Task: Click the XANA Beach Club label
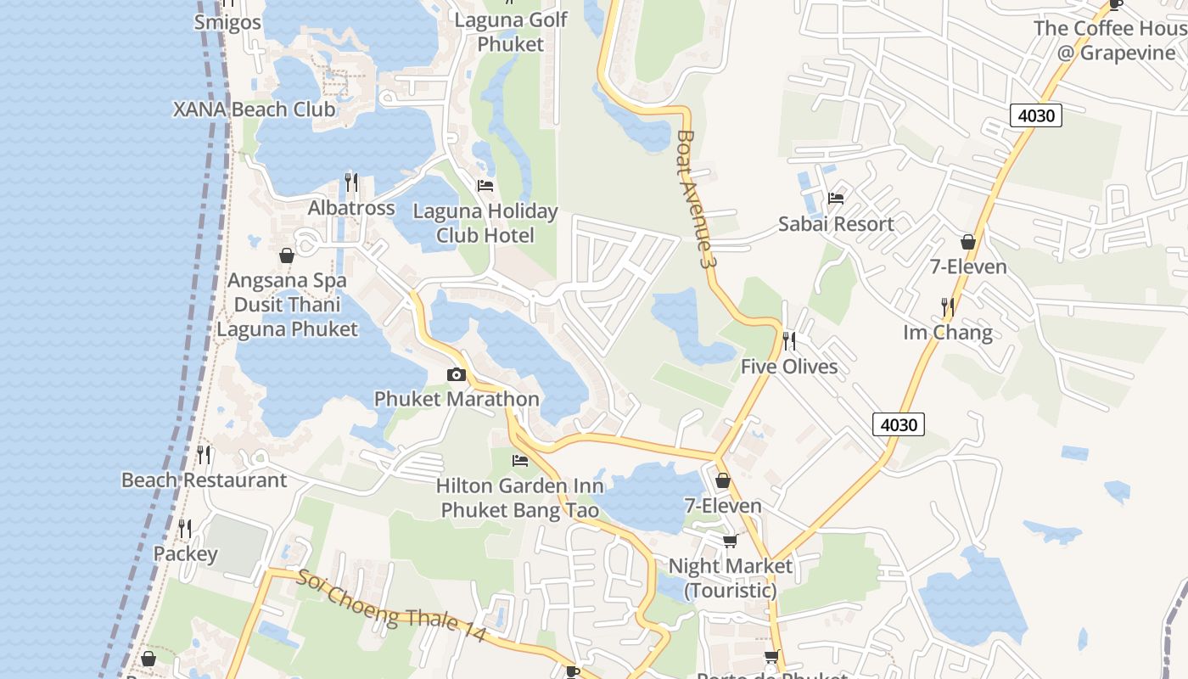click(254, 109)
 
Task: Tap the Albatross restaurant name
click(351, 208)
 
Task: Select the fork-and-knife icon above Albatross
click(351, 182)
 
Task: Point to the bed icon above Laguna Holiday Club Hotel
click(485, 185)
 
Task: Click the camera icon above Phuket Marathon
click(457, 374)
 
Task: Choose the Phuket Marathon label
click(457, 399)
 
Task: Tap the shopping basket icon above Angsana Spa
click(287, 255)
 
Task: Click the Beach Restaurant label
click(205, 480)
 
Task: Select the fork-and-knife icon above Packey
click(185, 529)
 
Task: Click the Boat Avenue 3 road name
click(692, 199)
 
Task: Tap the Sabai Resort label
click(836, 224)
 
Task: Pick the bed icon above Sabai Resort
click(836, 199)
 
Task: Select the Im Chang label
click(948, 332)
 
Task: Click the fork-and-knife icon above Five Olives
click(789, 341)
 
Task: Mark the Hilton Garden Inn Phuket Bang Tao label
click(520, 498)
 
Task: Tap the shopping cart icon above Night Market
click(730, 541)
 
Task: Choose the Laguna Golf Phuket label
click(511, 31)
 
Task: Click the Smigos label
click(227, 22)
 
